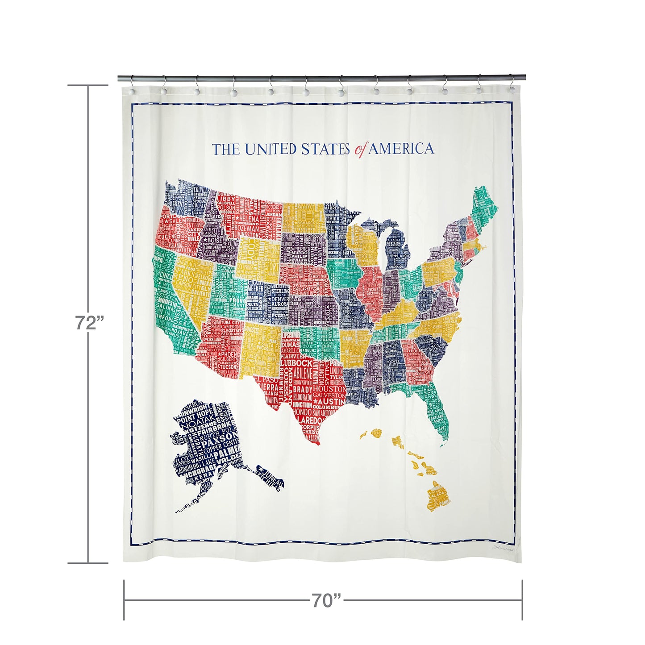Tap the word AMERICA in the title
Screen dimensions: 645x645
[401, 149]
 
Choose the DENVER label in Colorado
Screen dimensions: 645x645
[280, 299]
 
